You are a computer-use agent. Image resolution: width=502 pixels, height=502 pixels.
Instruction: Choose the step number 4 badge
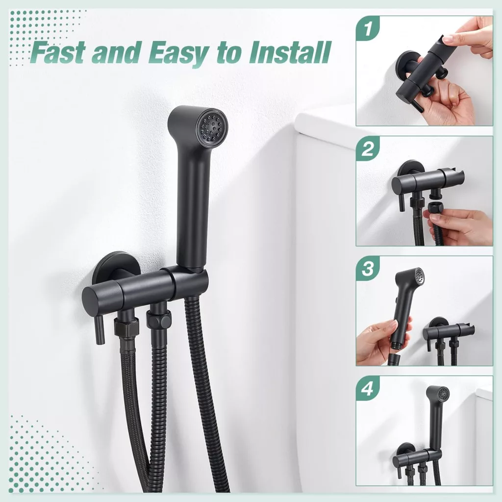click(368, 388)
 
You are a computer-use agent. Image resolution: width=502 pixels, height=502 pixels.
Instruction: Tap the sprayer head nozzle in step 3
click(417, 275)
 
